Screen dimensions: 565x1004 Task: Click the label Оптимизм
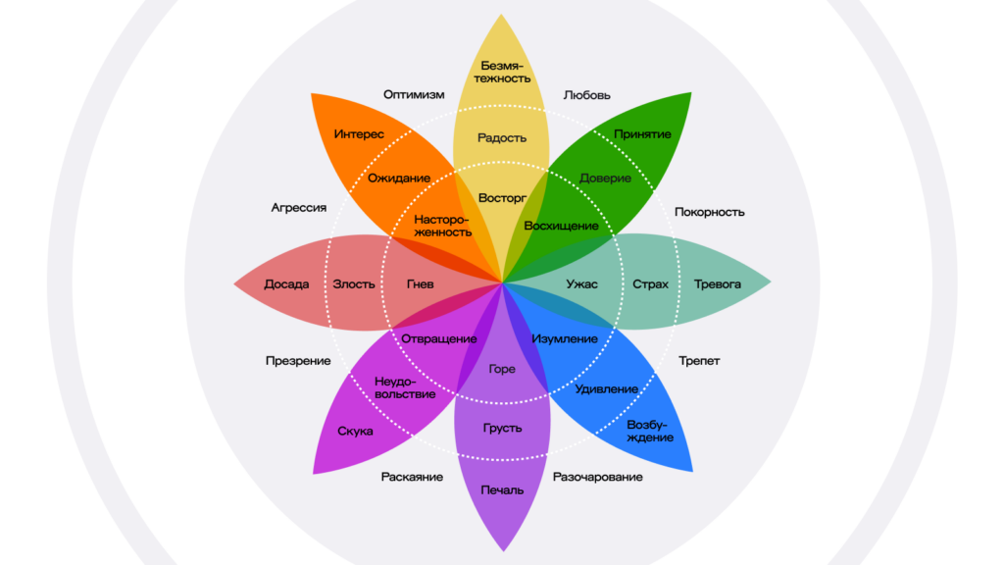point(414,95)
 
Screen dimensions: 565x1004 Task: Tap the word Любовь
point(587,95)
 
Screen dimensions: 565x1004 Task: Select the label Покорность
point(710,212)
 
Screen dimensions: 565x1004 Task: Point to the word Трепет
point(699,361)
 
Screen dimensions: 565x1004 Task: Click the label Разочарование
point(598,477)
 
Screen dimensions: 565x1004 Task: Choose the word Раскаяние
point(412,477)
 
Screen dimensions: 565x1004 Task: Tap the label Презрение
point(298,361)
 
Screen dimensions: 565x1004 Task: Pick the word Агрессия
point(299,208)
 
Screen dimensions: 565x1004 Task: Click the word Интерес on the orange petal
point(359,134)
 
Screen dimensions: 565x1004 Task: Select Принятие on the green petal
point(643,134)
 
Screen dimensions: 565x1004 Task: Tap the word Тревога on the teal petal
point(718,284)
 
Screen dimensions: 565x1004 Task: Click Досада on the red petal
point(286,284)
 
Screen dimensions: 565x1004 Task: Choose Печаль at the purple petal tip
point(502,489)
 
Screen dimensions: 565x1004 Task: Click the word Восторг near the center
point(502,199)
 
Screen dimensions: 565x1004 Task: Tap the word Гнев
point(420,284)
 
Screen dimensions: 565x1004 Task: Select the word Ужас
point(581,284)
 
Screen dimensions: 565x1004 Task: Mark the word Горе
point(502,370)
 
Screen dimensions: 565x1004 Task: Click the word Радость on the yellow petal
point(502,138)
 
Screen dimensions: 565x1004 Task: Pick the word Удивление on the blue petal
point(607,389)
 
